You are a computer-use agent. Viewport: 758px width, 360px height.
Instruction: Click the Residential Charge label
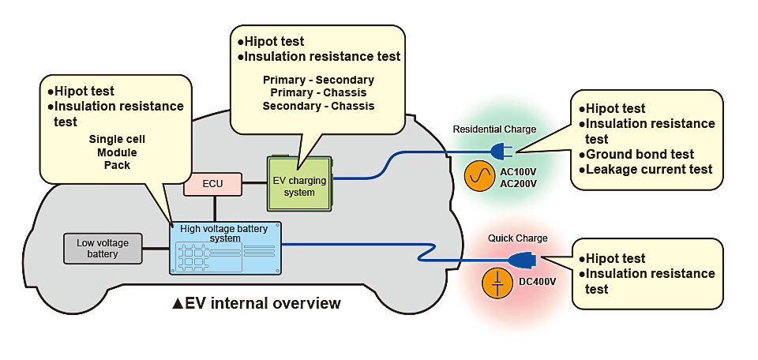tap(494, 129)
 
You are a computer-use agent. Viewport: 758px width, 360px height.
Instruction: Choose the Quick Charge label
tap(517, 237)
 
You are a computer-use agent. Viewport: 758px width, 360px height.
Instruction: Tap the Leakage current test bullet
tap(645, 169)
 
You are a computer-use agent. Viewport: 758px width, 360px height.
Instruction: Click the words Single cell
tap(116, 139)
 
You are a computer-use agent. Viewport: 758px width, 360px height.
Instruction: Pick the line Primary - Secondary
tap(318, 81)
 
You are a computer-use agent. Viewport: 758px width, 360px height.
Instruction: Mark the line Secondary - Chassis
tap(318, 106)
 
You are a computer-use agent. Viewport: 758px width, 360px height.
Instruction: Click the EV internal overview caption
tap(257, 303)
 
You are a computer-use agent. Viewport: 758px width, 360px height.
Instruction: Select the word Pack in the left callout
tap(116, 165)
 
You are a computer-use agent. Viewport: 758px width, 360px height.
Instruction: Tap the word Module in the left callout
tap(116, 152)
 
